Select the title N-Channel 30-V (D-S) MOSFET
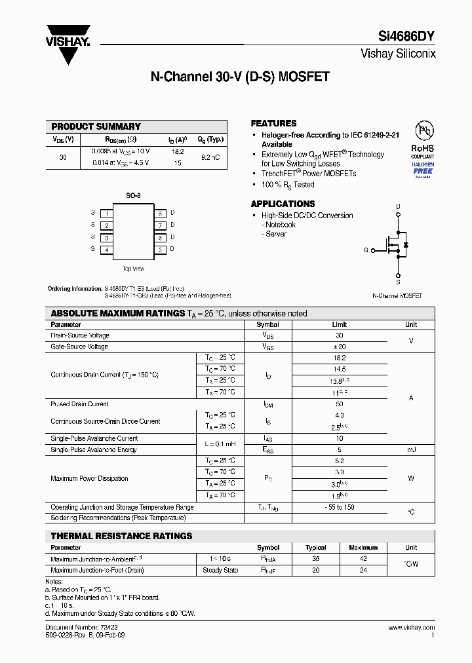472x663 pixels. click(x=240, y=77)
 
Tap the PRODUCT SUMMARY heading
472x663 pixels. click(x=96, y=126)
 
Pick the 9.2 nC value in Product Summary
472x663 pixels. click(x=210, y=157)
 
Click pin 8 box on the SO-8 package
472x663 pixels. click(x=159, y=214)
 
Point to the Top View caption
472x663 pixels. click(x=133, y=269)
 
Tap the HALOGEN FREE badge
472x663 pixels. click(x=423, y=169)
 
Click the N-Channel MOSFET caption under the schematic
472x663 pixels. click(x=397, y=296)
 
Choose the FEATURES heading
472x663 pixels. click(x=273, y=123)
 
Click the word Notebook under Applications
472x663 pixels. click(x=281, y=225)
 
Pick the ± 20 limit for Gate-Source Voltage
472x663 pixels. click(x=339, y=347)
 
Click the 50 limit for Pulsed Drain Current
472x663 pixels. click(x=339, y=404)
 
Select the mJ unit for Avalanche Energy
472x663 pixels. click(x=411, y=450)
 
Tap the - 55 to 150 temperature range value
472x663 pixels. click(x=339, y=508)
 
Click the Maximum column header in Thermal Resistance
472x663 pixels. click(x=363, y=548)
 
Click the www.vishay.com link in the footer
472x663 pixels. click(x=411, y=628)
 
